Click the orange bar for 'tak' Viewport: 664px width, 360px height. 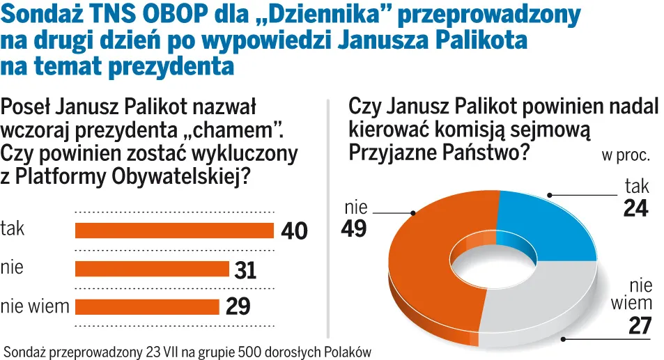(x=173, y=230)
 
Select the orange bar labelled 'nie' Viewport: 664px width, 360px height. (x=151, y=269)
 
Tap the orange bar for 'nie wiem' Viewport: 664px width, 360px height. (x=146, y=306)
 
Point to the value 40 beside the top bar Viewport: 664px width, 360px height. (x=293, y=231)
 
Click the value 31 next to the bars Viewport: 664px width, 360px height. (x=245, y=269)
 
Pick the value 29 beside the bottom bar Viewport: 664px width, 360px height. (x=238, y=306)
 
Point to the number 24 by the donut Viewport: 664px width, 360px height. (x=635, y=208)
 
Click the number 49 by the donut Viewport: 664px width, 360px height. (x=354, y=228)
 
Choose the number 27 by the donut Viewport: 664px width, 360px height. (x=639, y=325)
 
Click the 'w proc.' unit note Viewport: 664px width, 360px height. (x=626, y=155)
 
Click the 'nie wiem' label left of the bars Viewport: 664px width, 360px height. (x=35, y=306)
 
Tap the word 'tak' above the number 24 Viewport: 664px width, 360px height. (x=637, y=186)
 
